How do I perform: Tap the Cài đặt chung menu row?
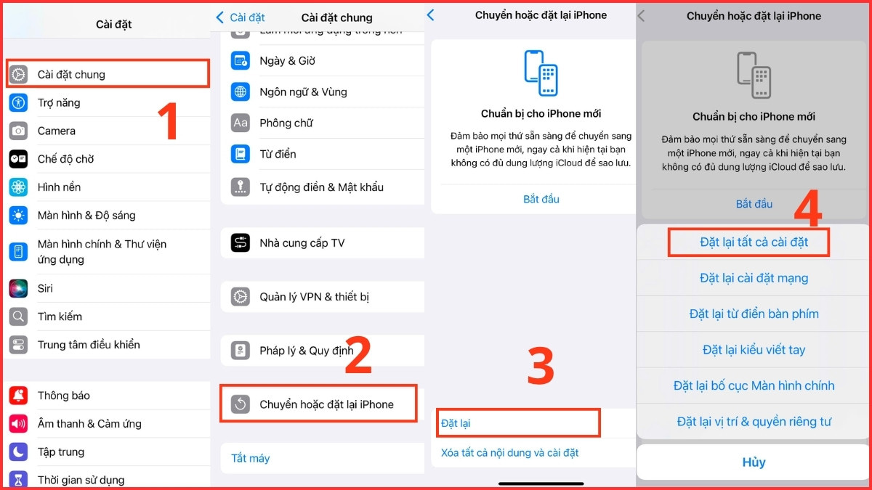pos(108,74)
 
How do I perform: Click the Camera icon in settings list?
pos(18,131)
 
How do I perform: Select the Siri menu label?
pos(45,288)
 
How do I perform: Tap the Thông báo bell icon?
pos(18,396)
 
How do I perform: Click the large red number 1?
pos(168,121)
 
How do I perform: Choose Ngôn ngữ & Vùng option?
pos(303,91)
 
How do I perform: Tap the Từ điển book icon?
pos(241,154)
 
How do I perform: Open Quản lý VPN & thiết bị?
pos(314,296)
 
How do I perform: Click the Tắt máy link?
pos(250,458)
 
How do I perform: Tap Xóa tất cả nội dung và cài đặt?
pos(509,452)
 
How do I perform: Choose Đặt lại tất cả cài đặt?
pos(754,242)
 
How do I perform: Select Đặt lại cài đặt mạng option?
pos(754,278)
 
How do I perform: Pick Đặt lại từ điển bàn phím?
pos(754,314)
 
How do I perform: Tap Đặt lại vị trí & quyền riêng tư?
pos(754,421)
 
